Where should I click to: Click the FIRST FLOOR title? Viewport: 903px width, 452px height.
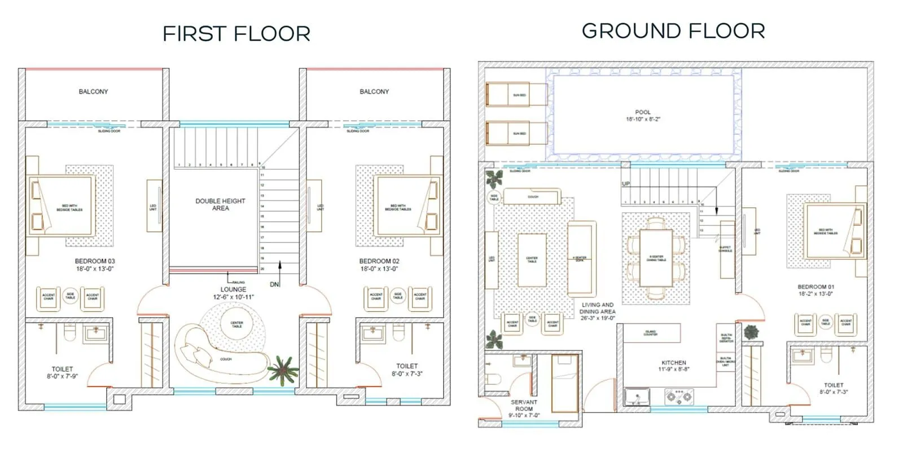(x=236, y=34)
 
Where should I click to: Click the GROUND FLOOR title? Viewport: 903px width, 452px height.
(x=673, y=31)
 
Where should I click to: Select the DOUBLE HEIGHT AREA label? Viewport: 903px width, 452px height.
(x=220, y=204)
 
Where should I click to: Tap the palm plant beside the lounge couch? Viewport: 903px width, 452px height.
(x=282, y=369)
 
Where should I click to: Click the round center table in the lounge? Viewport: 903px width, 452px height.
(x=236, y=324)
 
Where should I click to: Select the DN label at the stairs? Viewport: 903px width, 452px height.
(x=274, y=284)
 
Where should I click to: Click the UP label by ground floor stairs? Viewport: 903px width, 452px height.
(x=625, y=184)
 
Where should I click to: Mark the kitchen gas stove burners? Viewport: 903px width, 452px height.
(x=679, y=397)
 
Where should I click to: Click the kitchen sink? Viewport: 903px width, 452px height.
(x=637, y=396)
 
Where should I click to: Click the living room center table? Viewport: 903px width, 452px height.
(x=532, y=260)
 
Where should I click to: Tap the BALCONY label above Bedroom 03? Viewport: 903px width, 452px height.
(x=93, y=91)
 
